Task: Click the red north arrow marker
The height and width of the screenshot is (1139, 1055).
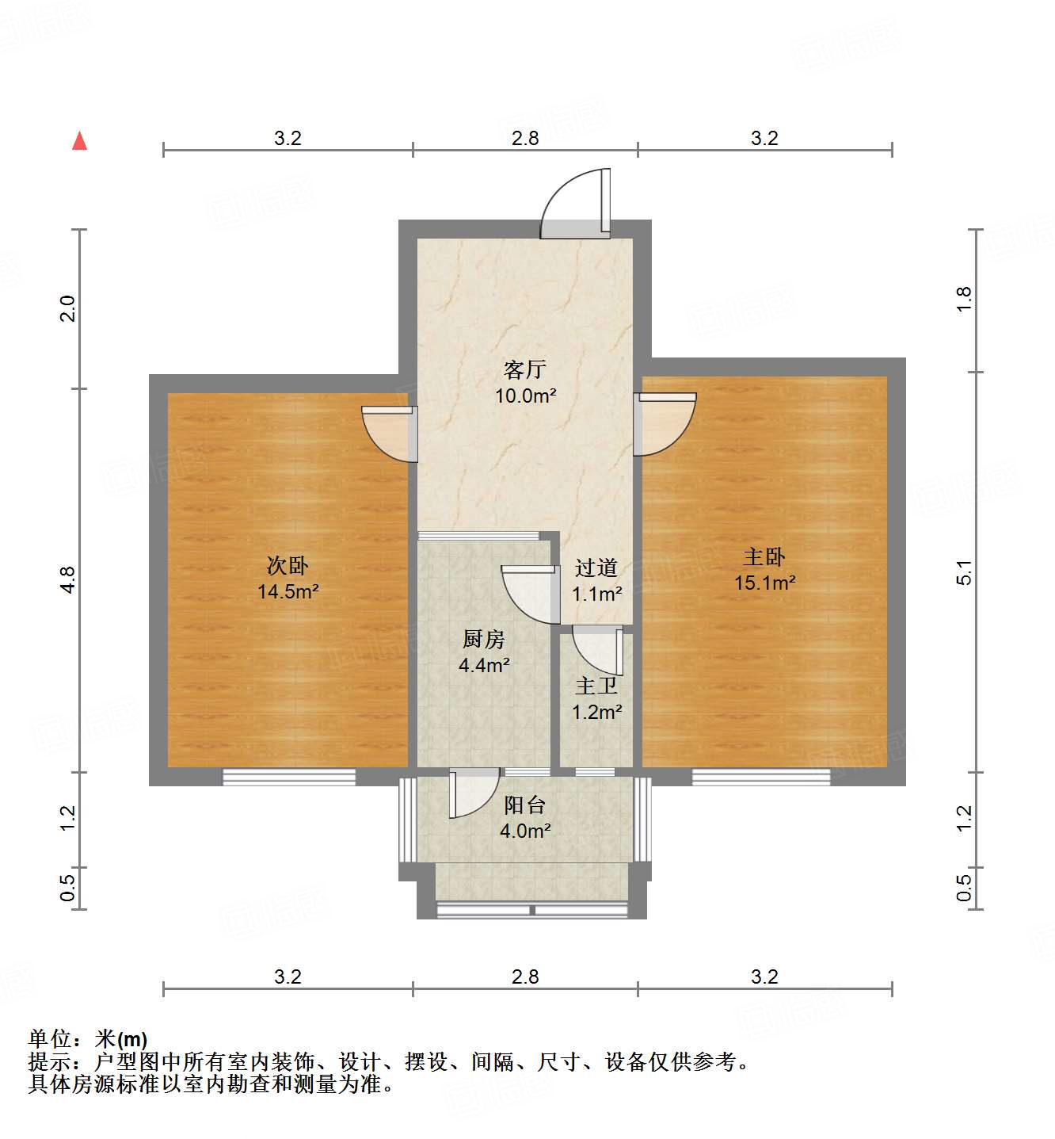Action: coord(79,141)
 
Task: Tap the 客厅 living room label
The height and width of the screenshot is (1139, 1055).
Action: coord(525,369)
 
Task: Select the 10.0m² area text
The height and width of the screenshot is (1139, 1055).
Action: coord(525,396)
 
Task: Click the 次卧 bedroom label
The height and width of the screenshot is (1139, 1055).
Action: coord(288,565)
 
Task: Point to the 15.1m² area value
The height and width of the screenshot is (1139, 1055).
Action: coord(764,583)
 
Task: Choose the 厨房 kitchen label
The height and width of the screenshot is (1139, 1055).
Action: coord(483,639)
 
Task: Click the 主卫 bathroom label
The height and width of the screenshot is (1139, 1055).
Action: coord(596,686)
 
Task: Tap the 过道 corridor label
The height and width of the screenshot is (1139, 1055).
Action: coord(596,568)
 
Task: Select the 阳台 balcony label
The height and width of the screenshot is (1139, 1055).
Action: coord(525,805)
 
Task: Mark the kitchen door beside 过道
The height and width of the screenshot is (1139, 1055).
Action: coord(529,593)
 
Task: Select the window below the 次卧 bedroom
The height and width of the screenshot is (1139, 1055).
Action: coord(289,777)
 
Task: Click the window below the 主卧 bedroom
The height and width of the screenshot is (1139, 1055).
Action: coord(760,777)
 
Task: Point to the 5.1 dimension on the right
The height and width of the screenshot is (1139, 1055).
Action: coord(963,571)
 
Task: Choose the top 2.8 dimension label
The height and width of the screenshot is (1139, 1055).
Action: coord(525,138)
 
